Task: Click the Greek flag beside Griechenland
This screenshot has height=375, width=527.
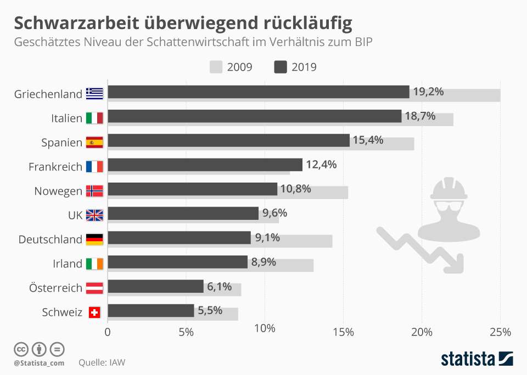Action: pyautogui.click(x=94, y=94)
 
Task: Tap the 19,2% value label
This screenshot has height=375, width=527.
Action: pyautogui.click(x=428, y=92)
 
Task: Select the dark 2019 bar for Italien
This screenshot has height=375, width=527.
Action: pyautogui.click(x=254, y=116)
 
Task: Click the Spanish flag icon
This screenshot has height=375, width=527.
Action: pyautogui.click(x=94, y=143)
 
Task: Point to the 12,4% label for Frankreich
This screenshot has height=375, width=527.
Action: pyautogui.click(x=321, y=164)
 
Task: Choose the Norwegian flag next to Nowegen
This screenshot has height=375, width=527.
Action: pyautogui.click(x=94, y=191)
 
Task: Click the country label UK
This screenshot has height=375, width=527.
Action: pyautogui.click(x=75, y=215)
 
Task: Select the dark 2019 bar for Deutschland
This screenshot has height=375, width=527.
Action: pyautogui.click(x=179, y=237)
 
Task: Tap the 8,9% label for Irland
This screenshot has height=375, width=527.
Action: pyautogui.click(x=263, y=262)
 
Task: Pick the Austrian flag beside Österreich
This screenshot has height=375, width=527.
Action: pyautogui.click(x=94, y=288)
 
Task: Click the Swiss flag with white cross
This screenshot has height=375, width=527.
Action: pyautogui.click(x=94, y=312)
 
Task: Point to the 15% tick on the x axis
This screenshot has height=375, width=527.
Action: pyautogui.click(x=343, y=332)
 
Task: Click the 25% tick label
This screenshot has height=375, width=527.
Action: pyautogui.click(x=500, y=332)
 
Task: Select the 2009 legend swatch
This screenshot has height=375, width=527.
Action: pyautogui.click(x=216, y=67)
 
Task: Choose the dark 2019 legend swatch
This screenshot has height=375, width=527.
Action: pyautogui.click(x=281, y=67)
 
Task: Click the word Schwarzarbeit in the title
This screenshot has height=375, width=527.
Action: pyautogui.click(x=75, y=23)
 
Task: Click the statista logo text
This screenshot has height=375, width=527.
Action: pyautogui.click(x=467, y=359)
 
